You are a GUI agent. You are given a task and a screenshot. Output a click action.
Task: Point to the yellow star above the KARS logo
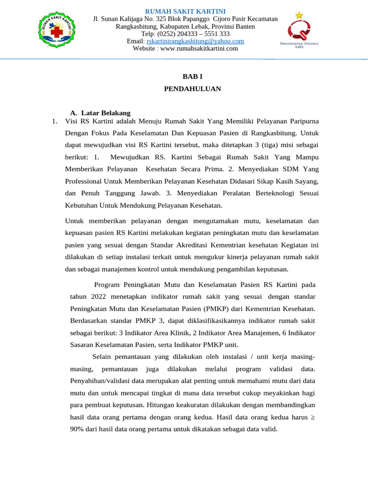pos(299,15)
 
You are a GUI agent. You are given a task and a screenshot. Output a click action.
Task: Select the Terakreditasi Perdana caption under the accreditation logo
pos(299,45)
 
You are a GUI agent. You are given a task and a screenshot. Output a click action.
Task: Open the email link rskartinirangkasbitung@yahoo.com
pos(195,41)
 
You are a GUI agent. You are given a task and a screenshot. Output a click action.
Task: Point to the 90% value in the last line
pos(76,429)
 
